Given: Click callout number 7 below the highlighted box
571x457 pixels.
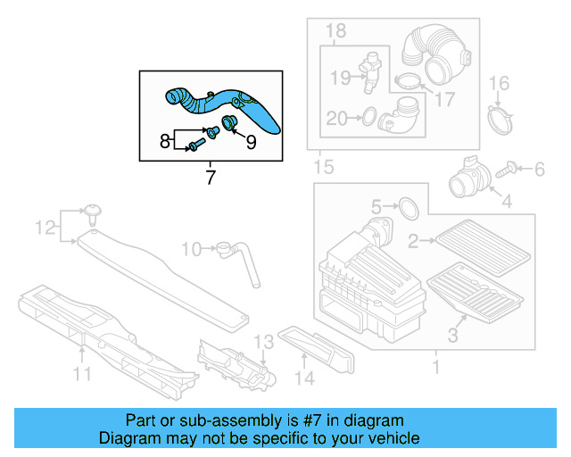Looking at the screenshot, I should click(211, 177).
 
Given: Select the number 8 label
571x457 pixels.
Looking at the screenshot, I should click(165, 140).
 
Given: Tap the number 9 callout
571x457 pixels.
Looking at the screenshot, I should click(251, 140).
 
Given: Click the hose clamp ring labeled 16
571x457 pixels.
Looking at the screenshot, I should click(502, 118).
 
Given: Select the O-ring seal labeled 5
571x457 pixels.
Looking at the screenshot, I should click(407, 208).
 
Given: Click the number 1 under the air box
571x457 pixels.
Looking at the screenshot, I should click(435, 367).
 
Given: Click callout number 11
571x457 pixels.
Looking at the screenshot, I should click(82, 375).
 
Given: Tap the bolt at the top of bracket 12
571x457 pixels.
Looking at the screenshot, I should click(94, 212).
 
